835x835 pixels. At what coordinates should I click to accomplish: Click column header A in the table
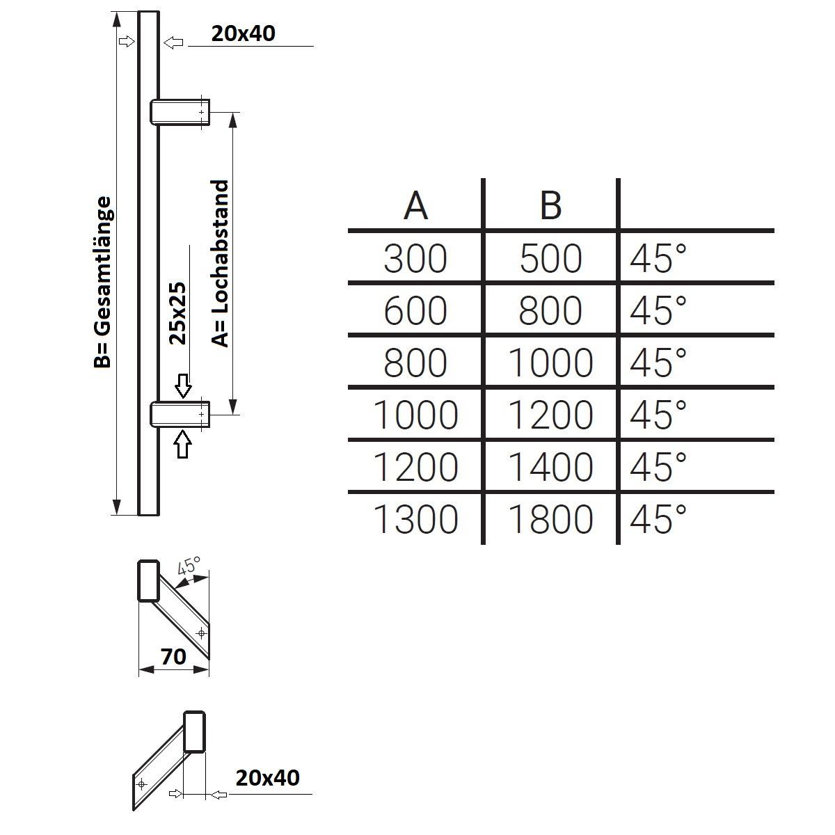pyautogui.click(x=415, y=205)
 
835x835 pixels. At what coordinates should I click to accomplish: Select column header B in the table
pyautogui.click(x=550, y=205)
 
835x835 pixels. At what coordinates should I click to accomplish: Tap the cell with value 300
pyautogui.click(x=415, y=259)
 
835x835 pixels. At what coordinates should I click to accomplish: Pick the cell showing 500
pyautogui.click(x=550, y=259)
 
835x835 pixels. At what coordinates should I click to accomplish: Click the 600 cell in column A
pyautogui.click(x=415, y=311)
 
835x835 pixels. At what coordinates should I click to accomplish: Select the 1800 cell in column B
pyautogui.click(x=550, y=519)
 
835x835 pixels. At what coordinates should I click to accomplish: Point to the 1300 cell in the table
pyautogui.click(x=415, y=519)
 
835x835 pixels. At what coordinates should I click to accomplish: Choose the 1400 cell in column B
pyautogui.click(x=550, y=467)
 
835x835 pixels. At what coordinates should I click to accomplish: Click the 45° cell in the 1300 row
pyautogui.click(x=658, y=519)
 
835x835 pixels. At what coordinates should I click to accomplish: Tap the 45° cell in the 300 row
pyautogui.click(x=658, y=259)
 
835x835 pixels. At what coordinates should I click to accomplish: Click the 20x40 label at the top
pyautogui.click(x=243, y=33)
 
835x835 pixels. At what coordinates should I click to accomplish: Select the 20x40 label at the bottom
pyautogui.click(x=267, y=777)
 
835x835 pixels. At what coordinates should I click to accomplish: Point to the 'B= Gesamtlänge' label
pyautogui.click(x=103, y=282)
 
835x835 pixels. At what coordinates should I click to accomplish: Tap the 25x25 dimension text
pyautogui.click(x=179, y=313)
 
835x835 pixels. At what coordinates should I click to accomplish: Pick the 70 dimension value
pyautogui.click(x=173, y=655)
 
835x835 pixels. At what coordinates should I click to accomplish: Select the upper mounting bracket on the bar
pyautogui.click(x=180, y=112)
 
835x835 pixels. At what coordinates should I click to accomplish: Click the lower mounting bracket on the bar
pyautogui.click(x=180, y=413)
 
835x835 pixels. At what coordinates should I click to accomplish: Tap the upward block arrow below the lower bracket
pyautogui.click(x=182, y=444)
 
